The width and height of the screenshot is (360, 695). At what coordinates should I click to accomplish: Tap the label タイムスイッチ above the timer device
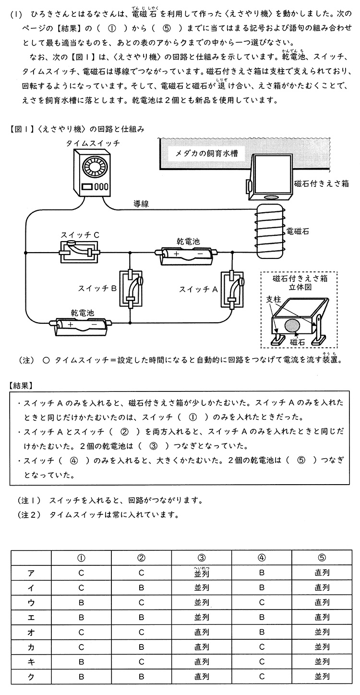point(93,143)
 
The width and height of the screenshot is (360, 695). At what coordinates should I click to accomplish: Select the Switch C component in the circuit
point(80,252)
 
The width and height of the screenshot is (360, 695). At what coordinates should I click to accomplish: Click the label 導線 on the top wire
point(141,204)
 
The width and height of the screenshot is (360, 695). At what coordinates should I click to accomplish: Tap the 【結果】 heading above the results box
point(21,385)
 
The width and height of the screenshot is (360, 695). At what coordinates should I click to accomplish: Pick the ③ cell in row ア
point(202,573)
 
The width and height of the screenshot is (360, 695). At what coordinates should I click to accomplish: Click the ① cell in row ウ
point(81,602)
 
